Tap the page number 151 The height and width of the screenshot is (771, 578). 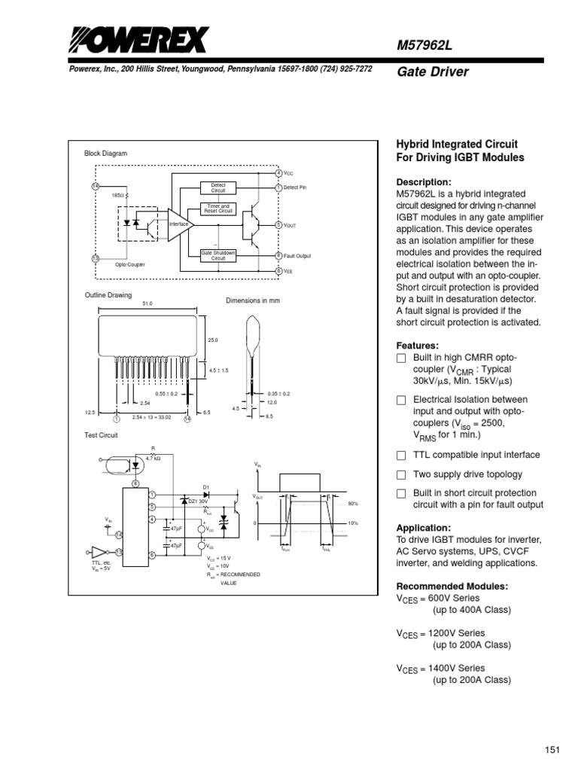(x=553, y=749)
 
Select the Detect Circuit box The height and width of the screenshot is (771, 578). (x=218, y=188)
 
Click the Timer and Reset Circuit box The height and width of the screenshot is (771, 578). (x=218, y=209)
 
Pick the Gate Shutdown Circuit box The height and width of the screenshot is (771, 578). (x=218, y=255)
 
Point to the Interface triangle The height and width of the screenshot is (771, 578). (x=179, y=224)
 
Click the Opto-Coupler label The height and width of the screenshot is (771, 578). (x=130, y=265)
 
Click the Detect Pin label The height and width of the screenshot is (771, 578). (x=296, y=187)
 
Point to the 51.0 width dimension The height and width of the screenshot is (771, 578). (x=147, y=303)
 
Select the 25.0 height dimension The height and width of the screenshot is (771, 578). (x=212, y=340)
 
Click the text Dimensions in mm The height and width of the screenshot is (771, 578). (x=253, y=300)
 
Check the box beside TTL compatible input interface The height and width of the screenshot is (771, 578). (x=401, y=456)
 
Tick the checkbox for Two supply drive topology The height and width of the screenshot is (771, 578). (x=401, y=475)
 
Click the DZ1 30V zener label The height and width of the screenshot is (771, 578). (x=198, y=501)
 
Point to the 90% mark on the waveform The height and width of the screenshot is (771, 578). (x=353, y=504)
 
